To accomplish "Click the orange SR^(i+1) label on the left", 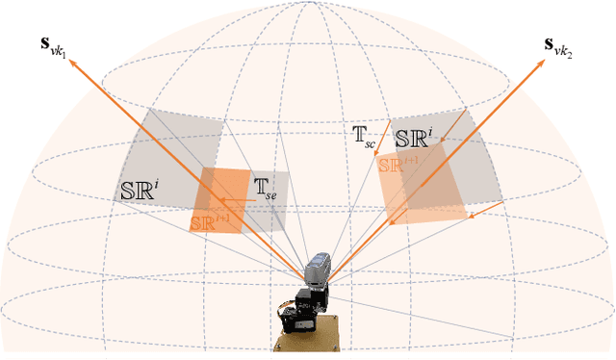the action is [x=211, y=222].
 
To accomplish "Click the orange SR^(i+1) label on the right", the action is [x=398, y=164].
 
